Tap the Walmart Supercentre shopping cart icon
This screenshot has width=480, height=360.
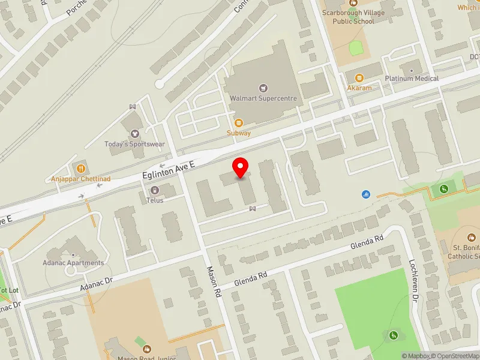262,88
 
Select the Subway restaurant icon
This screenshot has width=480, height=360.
238,122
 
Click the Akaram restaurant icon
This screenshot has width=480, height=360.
359,77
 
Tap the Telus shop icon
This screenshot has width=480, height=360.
155,190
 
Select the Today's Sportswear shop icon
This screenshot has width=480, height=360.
134,133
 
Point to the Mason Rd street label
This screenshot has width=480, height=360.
214,283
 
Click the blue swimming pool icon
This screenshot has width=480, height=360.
366,194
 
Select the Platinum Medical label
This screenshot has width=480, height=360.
412,79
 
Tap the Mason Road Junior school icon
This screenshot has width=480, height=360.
146,348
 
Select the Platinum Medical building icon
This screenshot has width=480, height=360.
412,69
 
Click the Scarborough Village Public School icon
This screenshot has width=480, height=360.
353,4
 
